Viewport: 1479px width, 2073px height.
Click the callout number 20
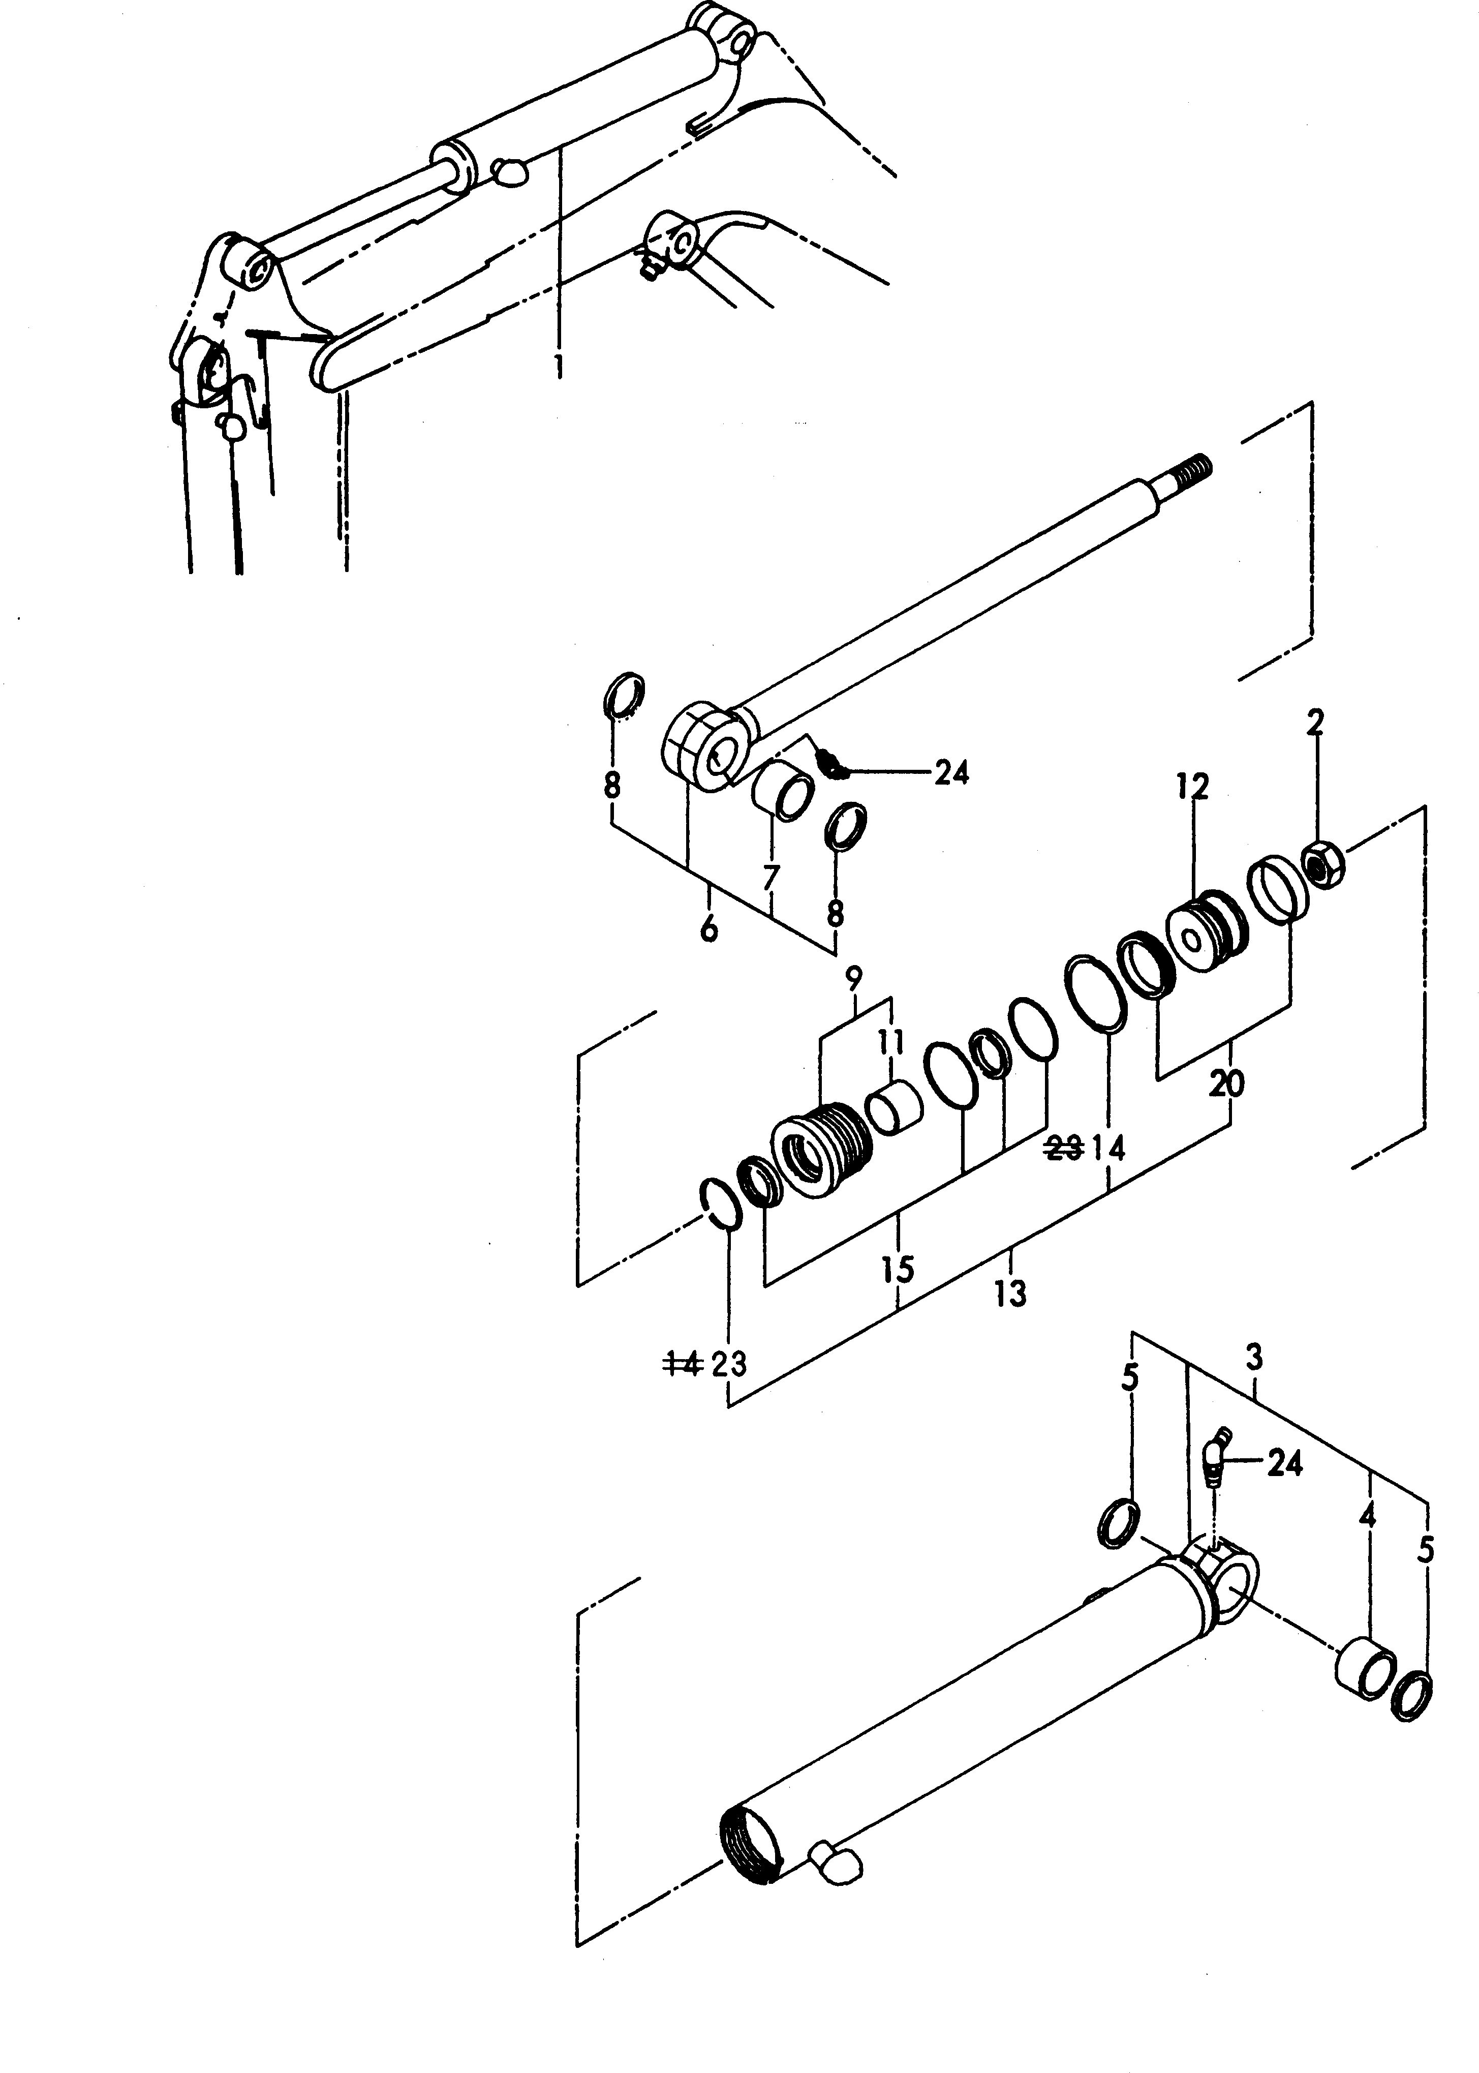tap(1227, 1085)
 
